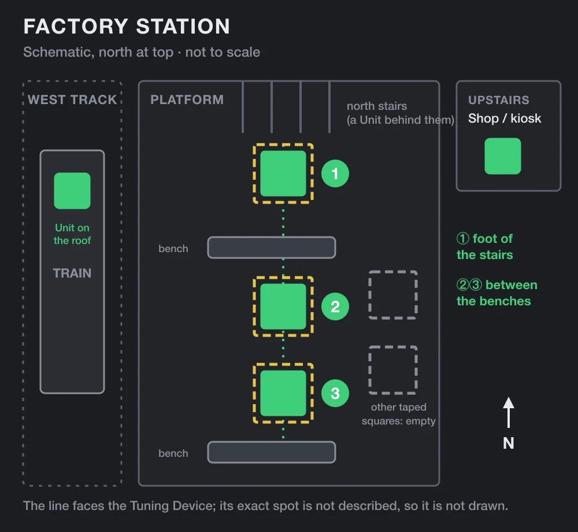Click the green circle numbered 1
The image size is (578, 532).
(x=335, y=173)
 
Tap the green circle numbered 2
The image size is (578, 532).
(x=335, y=306)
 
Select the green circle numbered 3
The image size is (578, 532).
(x=335, y=393)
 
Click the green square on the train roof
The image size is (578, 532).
(x=72, y=191)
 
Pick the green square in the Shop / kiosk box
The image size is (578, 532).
(x=502, y=156)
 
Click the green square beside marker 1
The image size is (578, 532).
(x=283, y=173)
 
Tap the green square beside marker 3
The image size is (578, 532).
(x=283, y=393)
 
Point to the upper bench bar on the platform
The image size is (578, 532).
(x=272, y=247)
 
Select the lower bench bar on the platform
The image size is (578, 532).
(x=272, y=452)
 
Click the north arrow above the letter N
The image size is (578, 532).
(x=508, y=412)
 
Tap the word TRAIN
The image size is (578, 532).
(x=72, y=273)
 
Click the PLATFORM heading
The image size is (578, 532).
(x=187, y=99)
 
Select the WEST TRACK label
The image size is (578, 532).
(x=72, y=99)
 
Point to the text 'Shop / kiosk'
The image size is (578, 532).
(x=505, y=119)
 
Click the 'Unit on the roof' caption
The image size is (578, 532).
(x=72, y=234)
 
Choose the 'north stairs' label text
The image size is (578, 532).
(x=377, y=106)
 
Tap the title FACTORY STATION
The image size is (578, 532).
(x=127, y=26)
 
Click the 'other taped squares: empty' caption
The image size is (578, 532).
(x=398, y=414)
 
